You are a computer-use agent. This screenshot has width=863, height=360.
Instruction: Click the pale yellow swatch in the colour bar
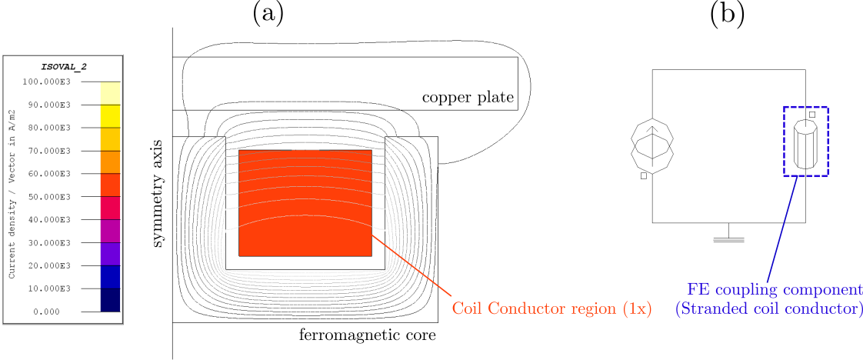(x=110, y=92)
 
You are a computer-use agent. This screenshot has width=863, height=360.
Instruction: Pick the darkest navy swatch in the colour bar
(x=110, y=300)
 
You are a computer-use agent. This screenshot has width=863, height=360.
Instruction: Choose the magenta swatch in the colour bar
(x=110, y=231)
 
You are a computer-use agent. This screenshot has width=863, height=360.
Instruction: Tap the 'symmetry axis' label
(x=158, y=193)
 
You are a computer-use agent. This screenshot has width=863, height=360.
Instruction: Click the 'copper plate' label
(x=468, y=98)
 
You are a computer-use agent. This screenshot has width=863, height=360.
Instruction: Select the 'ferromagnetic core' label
(x=367, y=335)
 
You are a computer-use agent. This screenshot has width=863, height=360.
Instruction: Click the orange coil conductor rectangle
(x=305, y=202)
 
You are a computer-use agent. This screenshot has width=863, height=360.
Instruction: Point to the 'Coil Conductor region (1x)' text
(x=551, y=309)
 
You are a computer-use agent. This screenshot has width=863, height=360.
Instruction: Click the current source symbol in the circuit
(x=652, y=144)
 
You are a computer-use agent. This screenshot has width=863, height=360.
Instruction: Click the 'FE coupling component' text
(x=775, y=290)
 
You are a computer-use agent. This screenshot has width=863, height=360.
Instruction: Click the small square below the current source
(x=643, y=176)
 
